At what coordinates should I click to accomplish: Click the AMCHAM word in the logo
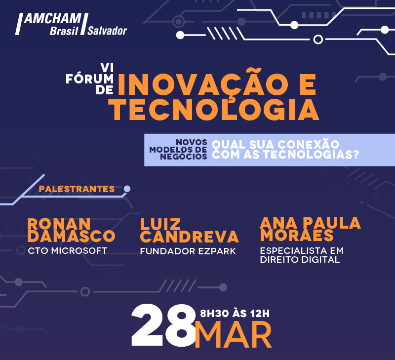pos(53,19)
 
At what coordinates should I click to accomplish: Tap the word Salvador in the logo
pos(107,31)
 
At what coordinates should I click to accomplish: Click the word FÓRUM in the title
pos(90,79)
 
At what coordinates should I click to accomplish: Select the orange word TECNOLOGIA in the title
pos(215,109)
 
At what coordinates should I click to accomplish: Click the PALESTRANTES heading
pos(77,189)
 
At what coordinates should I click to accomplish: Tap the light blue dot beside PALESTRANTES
pos(127,189)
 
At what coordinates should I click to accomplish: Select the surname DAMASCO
pos(71,236)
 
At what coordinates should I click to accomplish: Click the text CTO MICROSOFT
pos(68,251)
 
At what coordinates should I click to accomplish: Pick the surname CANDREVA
pos(189,237)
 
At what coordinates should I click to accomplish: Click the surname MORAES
pos(297,235)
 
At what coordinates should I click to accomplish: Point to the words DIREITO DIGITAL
pos(300,259)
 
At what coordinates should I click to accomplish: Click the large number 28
pos(163,325)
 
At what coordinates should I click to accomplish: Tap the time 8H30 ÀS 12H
pos(235,314)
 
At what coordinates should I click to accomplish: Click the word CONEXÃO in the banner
pos(308,144)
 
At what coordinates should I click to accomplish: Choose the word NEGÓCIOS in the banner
pos(183,157)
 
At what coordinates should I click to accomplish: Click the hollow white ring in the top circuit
pos(318,40)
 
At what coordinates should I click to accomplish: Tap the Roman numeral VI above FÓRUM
pos(107,68)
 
